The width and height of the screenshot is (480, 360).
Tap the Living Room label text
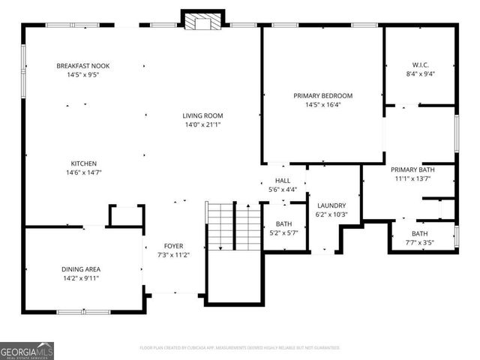click(x=202, y=115)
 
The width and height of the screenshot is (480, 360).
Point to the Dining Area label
click(x=81, y=268)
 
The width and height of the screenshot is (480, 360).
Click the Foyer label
click(x=173, y=246)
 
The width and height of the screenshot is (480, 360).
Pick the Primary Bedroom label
click(x=322, y=96)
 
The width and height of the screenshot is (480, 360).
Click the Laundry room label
click(x=331, y=205)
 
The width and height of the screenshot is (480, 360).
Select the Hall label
click(x=283, y=181)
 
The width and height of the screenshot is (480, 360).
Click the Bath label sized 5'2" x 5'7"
click(x=283, y=223)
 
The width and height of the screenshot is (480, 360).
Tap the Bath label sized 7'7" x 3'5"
click(x=419, y=234)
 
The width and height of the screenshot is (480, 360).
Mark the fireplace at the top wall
click(x=202, y=21)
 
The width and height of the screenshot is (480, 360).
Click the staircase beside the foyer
click(x=233, y=226)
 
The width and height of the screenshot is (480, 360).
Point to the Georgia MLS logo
click(x=27, y=350)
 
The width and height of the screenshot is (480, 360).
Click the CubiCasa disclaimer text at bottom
click(x=240, y=348)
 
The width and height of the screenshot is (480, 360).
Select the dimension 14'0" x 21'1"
click(x=202, y=124)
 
